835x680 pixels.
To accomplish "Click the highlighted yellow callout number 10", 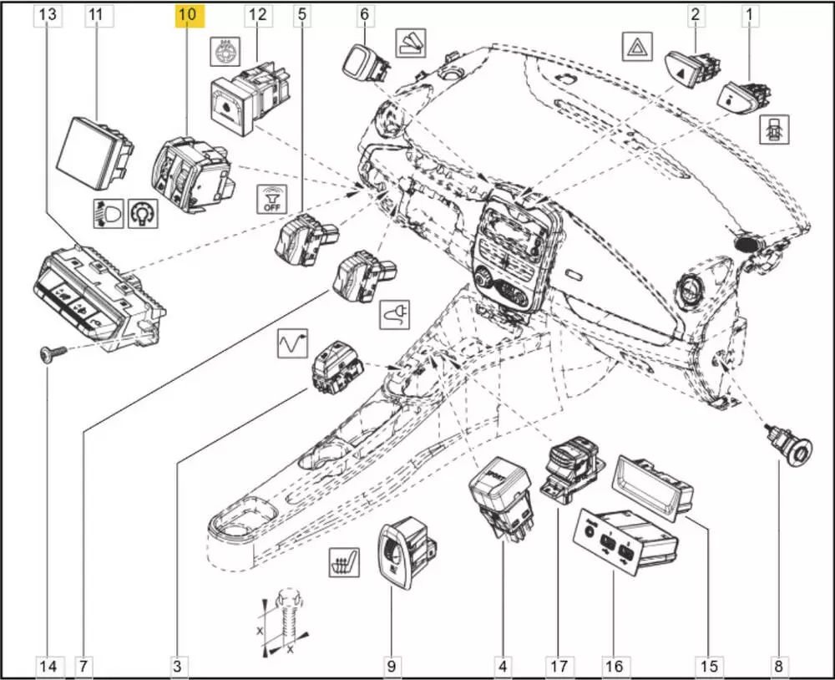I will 187,15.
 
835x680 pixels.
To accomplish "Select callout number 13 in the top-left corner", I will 49,15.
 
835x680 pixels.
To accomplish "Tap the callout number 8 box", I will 778,666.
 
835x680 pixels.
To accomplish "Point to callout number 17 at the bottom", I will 559,666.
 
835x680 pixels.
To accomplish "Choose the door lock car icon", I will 769,127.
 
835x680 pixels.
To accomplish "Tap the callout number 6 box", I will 363,15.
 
